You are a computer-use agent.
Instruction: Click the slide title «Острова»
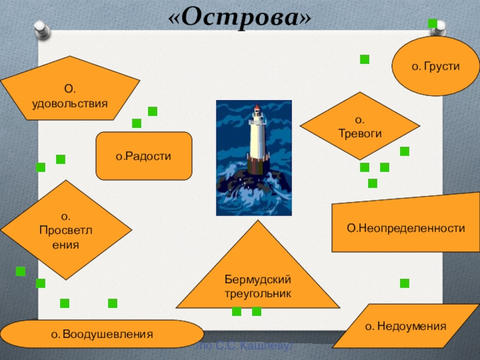240,18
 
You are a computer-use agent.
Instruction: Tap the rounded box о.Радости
143,156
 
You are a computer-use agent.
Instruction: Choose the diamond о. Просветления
66,230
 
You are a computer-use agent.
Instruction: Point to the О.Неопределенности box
406,228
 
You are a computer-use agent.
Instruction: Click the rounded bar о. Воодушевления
101,334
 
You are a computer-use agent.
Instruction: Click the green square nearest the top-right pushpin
432,23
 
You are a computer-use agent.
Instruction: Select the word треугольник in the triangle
257,295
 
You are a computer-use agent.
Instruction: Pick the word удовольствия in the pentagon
70,103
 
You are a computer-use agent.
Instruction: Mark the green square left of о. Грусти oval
364,59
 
